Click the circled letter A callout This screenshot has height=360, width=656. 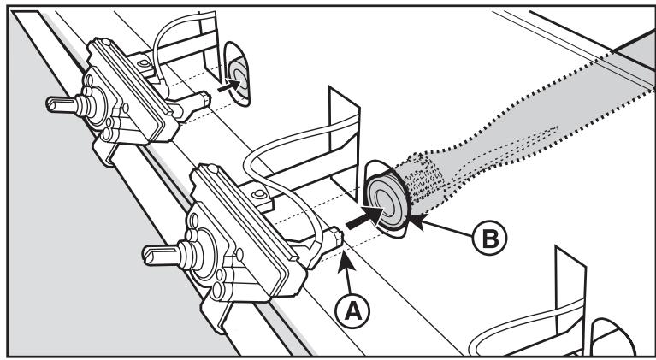tap(352, 311)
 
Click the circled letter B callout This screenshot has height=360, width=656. tap(489, 238)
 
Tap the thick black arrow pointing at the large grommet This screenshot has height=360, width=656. tap(364, 217)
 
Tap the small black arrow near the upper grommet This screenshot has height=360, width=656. tap(229, 86)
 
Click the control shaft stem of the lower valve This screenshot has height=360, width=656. tap(164, 254)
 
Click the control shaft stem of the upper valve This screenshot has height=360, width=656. tap(66, 105)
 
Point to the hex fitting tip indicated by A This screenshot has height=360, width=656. tap(336, 238)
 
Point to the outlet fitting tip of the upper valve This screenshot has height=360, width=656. tap(204, 99)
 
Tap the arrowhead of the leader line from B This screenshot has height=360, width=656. tap(418, 221)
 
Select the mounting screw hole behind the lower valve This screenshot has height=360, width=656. tap(259, 193)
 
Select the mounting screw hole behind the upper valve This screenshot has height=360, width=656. tap(144, 63)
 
